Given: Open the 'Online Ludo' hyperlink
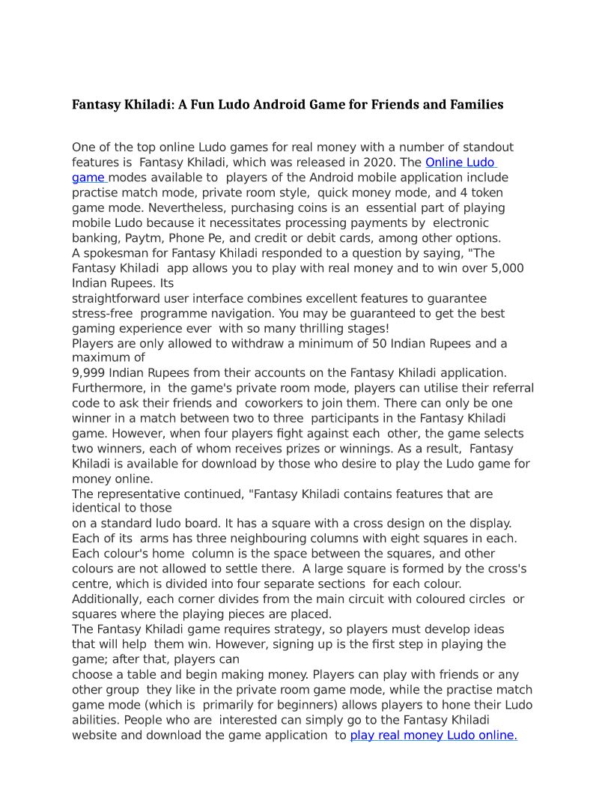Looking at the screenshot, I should coord(460,163).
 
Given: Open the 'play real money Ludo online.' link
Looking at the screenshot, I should coord(434,736).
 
